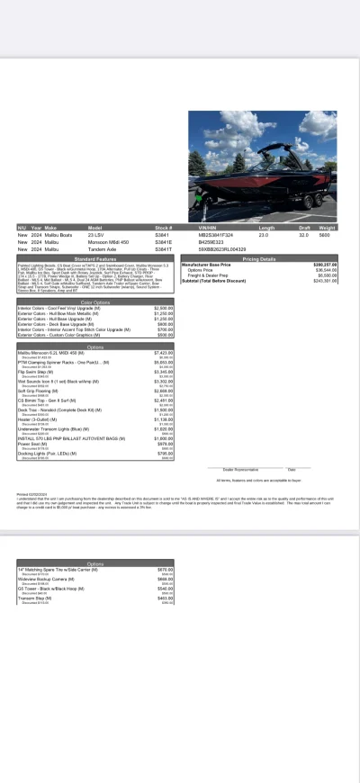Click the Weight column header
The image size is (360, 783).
327,229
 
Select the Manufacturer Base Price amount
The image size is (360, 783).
325,265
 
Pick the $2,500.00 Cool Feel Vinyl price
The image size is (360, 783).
163,308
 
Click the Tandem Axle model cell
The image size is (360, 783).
101,247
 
